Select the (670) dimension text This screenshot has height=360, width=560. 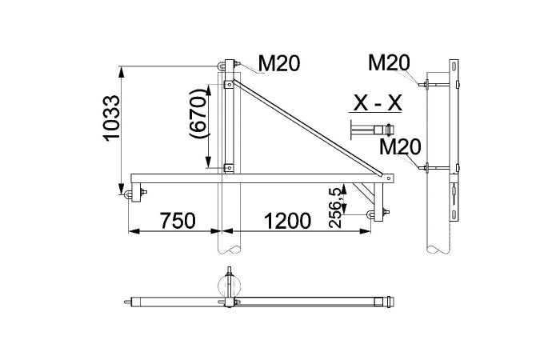(x=198, y=114)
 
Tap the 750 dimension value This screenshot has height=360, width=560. (x=178, y=220)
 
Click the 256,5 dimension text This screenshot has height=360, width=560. (x=335, y=208)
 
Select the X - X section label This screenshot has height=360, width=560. (x=377, y=103)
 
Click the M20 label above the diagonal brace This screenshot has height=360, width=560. (x=279, y=63)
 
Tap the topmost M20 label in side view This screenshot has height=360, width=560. (x=389, y=62)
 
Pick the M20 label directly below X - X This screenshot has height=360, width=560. (x=400, y=146)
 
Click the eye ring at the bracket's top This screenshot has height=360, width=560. (x=220, y=66)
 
